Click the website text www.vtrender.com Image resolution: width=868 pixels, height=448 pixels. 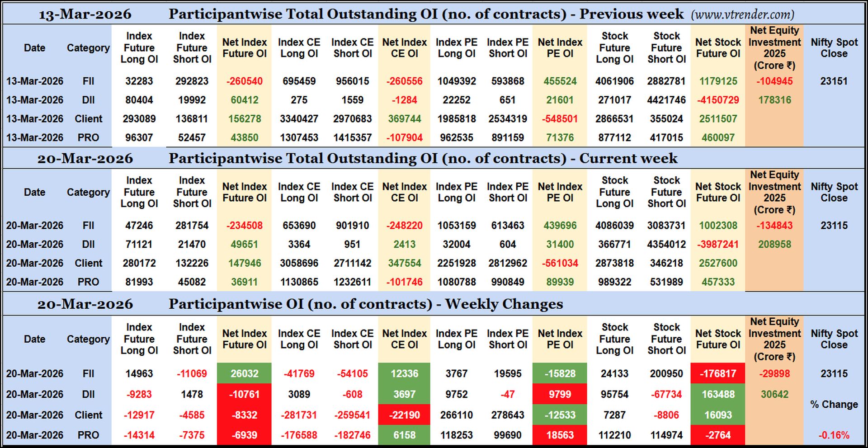[742, 15]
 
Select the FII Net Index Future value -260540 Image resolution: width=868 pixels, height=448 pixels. [244, 81]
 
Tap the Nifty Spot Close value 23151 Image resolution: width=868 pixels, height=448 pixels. [834, 81]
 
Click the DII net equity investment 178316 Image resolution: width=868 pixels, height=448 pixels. [774, 100]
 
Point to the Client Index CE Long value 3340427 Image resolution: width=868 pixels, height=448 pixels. [299, 119]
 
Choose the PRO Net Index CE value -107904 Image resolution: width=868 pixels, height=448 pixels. [404, 137]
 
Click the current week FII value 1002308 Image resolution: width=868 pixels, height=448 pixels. [718, 226]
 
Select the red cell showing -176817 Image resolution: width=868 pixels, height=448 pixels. [718, 374]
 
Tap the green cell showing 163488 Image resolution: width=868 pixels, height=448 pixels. [718, 394]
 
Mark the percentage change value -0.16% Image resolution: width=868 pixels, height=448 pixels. [834, 435]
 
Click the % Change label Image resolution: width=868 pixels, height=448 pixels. [834, 405]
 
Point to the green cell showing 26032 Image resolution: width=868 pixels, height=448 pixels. [244, 374]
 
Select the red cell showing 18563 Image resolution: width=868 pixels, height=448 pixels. [560, 435]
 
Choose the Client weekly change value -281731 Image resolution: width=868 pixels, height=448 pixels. [299, 415]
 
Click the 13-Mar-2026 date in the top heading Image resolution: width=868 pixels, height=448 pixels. [85, 14]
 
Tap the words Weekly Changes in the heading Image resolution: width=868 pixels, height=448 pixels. [504, 304]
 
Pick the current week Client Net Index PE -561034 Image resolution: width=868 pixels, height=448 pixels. [560, 263]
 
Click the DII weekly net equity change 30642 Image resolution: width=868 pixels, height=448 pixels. [774, 394]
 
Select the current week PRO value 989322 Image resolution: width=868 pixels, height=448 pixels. [614, 282]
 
